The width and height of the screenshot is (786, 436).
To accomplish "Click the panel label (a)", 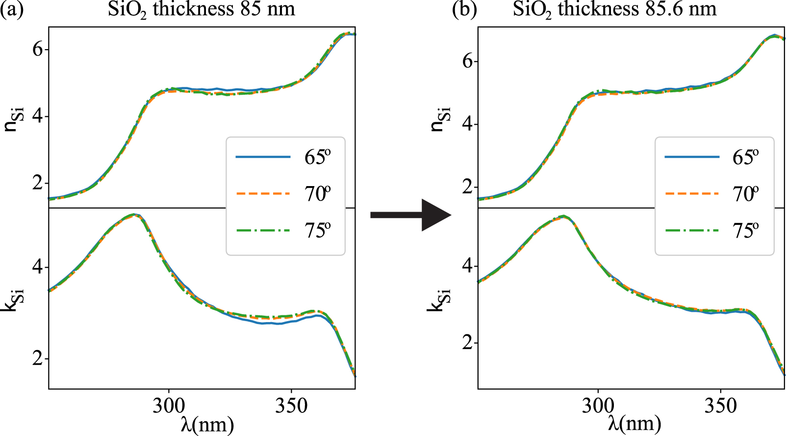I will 12,9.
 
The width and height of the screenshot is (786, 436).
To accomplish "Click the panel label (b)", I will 464,9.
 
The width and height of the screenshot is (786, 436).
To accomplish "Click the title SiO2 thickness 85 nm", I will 202,9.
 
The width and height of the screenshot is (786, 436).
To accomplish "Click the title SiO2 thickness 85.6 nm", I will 615,9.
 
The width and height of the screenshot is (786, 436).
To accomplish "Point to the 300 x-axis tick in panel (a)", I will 169,406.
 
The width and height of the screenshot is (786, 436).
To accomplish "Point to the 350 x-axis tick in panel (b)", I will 720,406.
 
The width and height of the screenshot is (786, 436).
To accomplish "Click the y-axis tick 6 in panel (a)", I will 38,49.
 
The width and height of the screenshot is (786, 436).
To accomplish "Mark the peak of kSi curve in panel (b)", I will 564,216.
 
